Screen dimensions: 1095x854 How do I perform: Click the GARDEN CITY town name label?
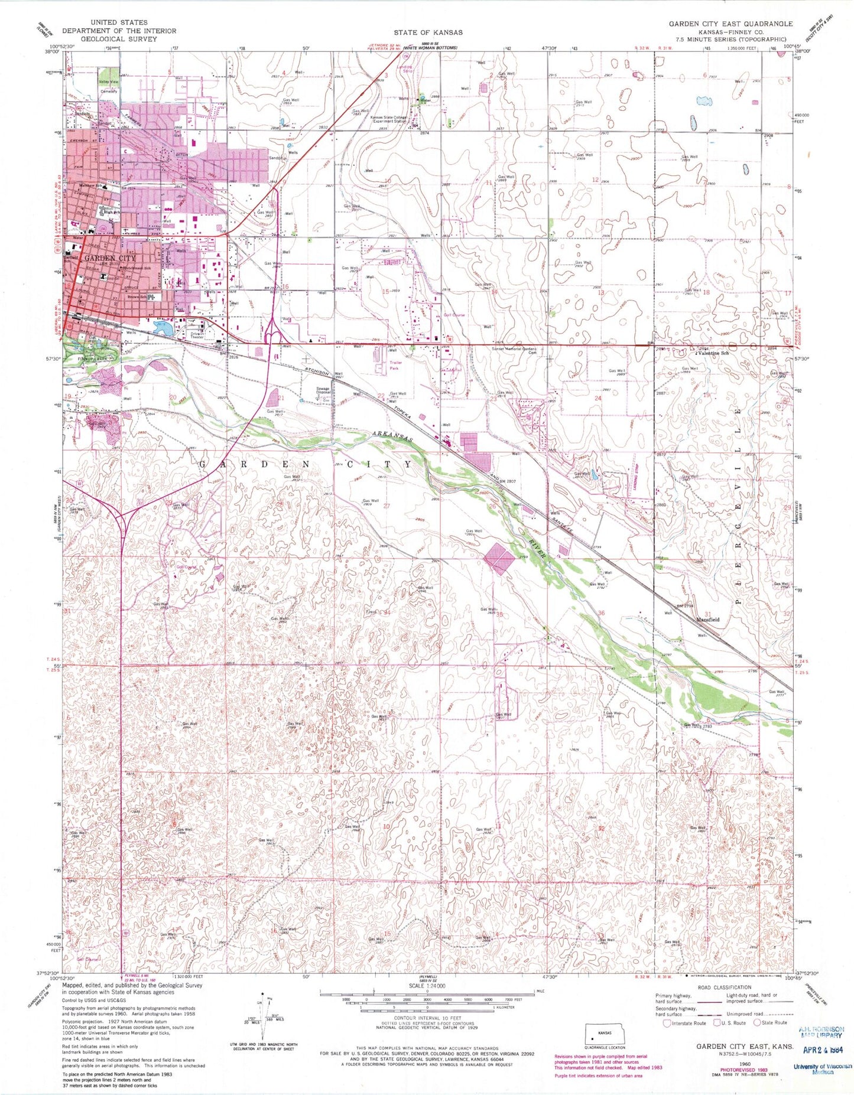pos(109,258)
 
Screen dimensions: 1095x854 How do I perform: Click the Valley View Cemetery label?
pos(109,87)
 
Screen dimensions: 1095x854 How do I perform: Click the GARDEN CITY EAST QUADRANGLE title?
pos(730,24)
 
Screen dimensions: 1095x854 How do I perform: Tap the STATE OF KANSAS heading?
pos(428,32)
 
